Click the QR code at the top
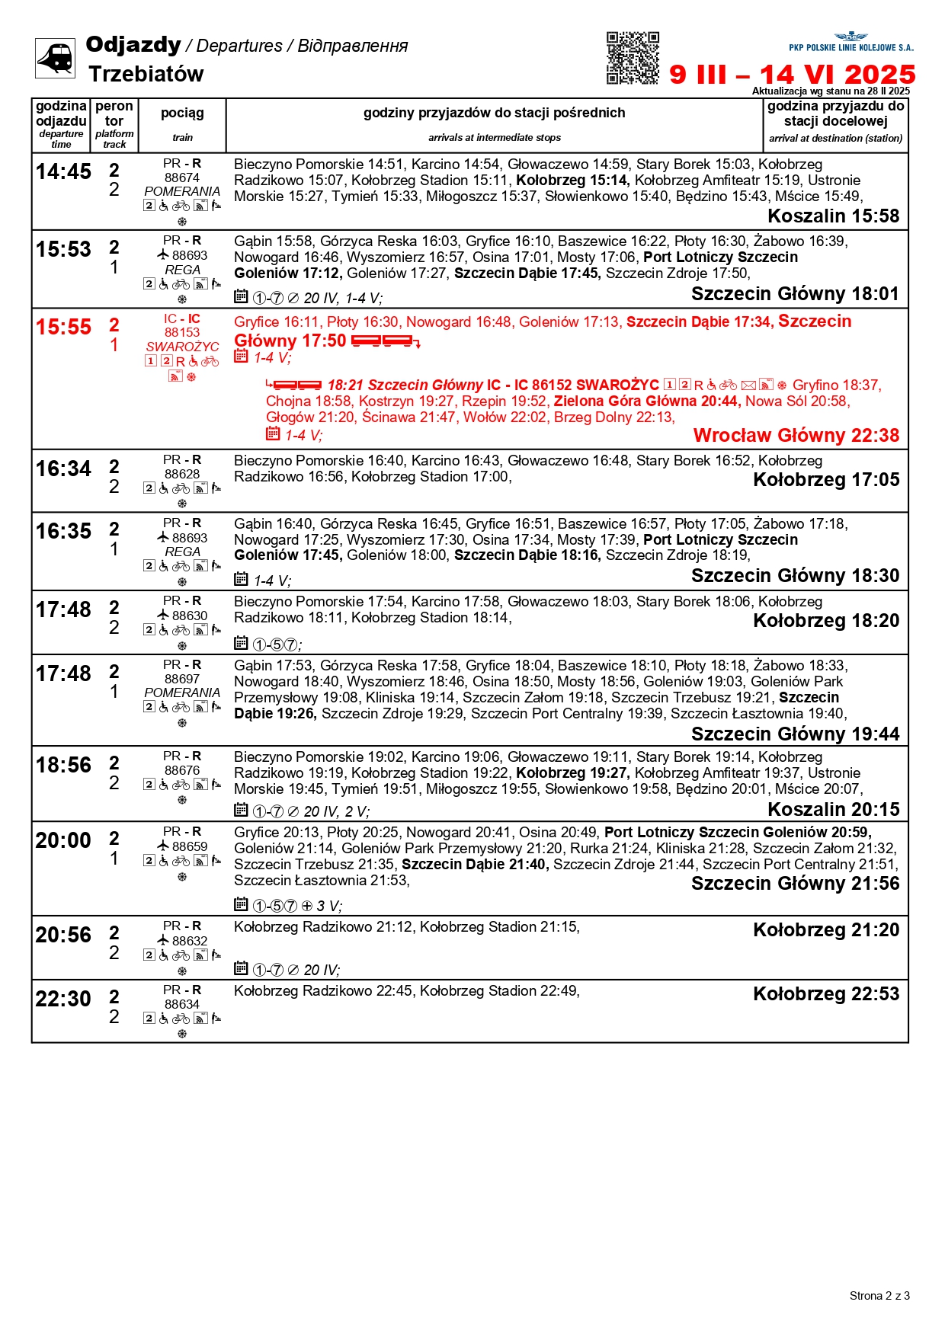pos(633,58)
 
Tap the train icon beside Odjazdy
pos(56,58)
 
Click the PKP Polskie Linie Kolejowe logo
pos(850,43)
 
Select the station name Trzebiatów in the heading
pos(146,74)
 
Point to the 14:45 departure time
pos(63,172)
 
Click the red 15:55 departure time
pos(63,328)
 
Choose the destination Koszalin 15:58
pos(833,216)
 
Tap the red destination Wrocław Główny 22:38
pos(796,436)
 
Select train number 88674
pos(182,178)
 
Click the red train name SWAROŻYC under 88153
pos(182,347)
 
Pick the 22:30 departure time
pos(63,1000)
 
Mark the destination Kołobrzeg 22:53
pos(825,994)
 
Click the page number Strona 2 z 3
pos(879,1296)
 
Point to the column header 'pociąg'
pos(182,113)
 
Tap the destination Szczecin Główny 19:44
pos(795,734)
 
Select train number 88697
pos(182,679)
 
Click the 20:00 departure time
pos(63,841)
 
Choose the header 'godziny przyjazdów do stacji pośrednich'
pos(494,113)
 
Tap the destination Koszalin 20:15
pos(833,810)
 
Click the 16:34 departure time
pos(63,469)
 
